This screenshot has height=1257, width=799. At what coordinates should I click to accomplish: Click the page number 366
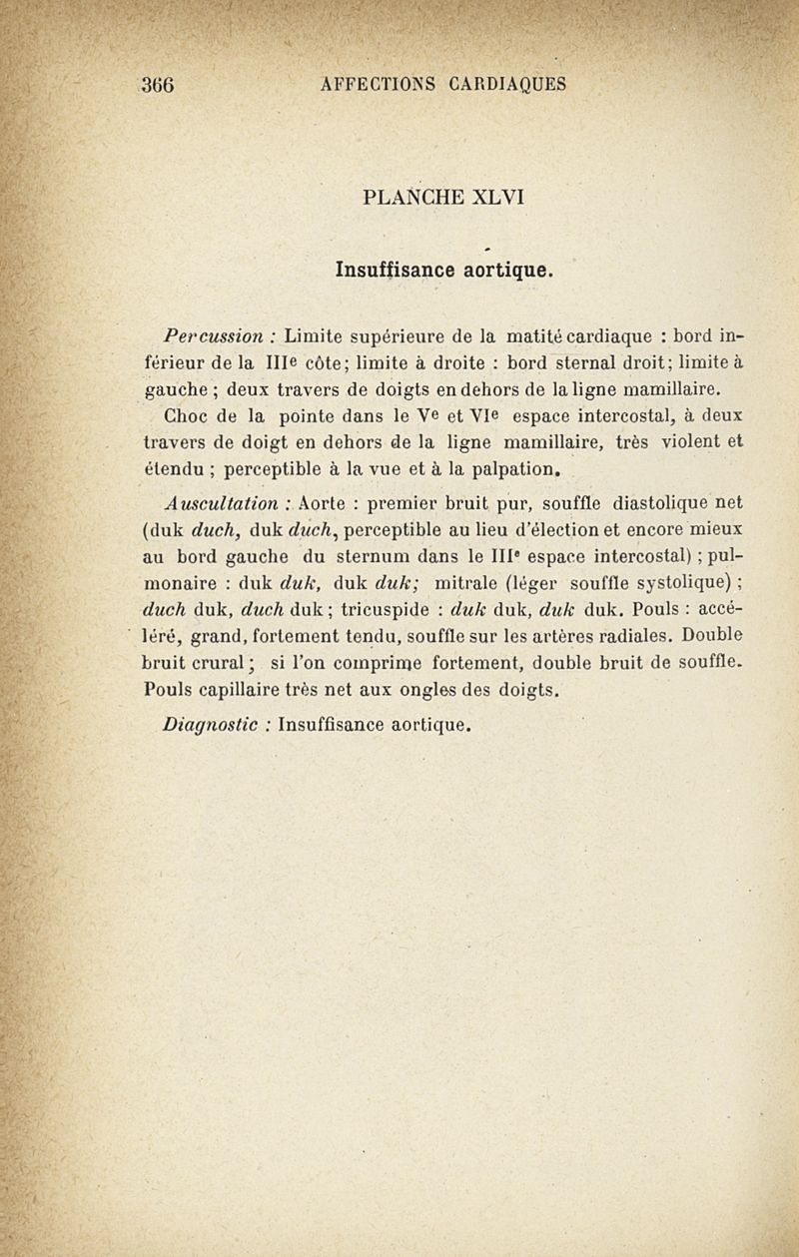point(159,84)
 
